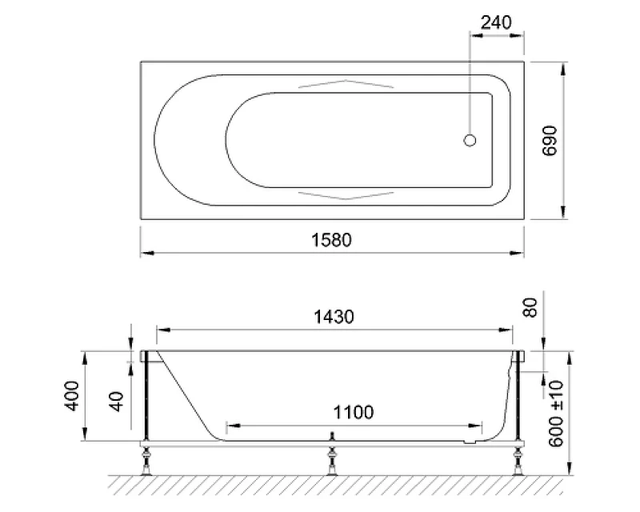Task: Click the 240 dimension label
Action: tap(496, 22)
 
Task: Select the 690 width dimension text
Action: tap(550, 141)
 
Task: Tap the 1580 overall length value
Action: tap(331, 240)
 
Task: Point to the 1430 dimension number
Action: tap(334, 317)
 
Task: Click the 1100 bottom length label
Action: tap(353, 412)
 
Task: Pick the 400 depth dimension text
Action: tap(72, 396)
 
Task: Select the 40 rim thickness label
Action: tap(117, 402)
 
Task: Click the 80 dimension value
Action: tap(530, 308)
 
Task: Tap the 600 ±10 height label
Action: tap(555, 414)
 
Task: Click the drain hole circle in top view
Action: tap(470, 141)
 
